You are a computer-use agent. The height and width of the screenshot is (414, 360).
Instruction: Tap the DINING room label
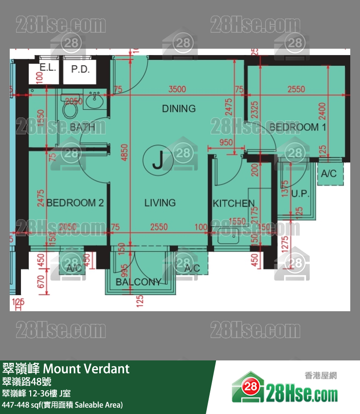tap(179, 108)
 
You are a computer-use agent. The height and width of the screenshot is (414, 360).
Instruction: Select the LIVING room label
tap(160, 203)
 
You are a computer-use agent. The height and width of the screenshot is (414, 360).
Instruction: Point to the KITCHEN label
tap(234, 204)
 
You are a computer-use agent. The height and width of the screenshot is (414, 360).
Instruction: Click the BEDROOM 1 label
tap(298, 127)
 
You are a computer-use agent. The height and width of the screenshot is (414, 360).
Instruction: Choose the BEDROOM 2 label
tap(75, 203)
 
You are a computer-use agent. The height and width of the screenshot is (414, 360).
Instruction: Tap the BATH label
tap(82, 128)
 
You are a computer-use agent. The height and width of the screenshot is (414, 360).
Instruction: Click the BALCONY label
tap(138, 282)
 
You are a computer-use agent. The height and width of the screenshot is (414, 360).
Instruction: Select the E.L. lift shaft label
tap(48, 68)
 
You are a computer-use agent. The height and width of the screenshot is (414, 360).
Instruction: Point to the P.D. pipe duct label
tap(80, 69)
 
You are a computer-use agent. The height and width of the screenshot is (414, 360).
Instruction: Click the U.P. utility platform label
tap(300, 193)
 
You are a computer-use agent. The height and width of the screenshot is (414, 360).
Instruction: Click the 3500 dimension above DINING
tap(177, 89)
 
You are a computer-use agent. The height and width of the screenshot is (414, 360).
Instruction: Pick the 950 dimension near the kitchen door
tap(226, 143)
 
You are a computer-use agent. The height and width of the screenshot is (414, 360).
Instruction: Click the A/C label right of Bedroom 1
tap(329, 174)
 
